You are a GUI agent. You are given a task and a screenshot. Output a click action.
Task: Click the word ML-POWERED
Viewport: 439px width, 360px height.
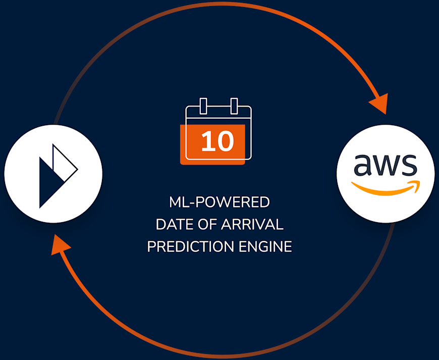coord(219,203)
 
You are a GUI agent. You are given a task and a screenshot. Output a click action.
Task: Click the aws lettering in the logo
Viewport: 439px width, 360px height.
coord(386,165)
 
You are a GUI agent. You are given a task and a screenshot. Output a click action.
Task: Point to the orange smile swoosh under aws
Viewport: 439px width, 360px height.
coord(383,189)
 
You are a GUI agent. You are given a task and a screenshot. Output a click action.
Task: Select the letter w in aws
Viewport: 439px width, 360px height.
coord(386,165)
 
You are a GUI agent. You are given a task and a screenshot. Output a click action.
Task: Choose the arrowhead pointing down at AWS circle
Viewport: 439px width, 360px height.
coord(379,105)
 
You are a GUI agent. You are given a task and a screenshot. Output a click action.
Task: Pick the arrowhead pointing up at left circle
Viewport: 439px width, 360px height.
coord(61,244)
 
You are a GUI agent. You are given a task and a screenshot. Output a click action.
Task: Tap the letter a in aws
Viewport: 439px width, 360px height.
coord(363,165)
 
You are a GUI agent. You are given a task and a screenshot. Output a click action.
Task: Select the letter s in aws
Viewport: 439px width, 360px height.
coord(408,165)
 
